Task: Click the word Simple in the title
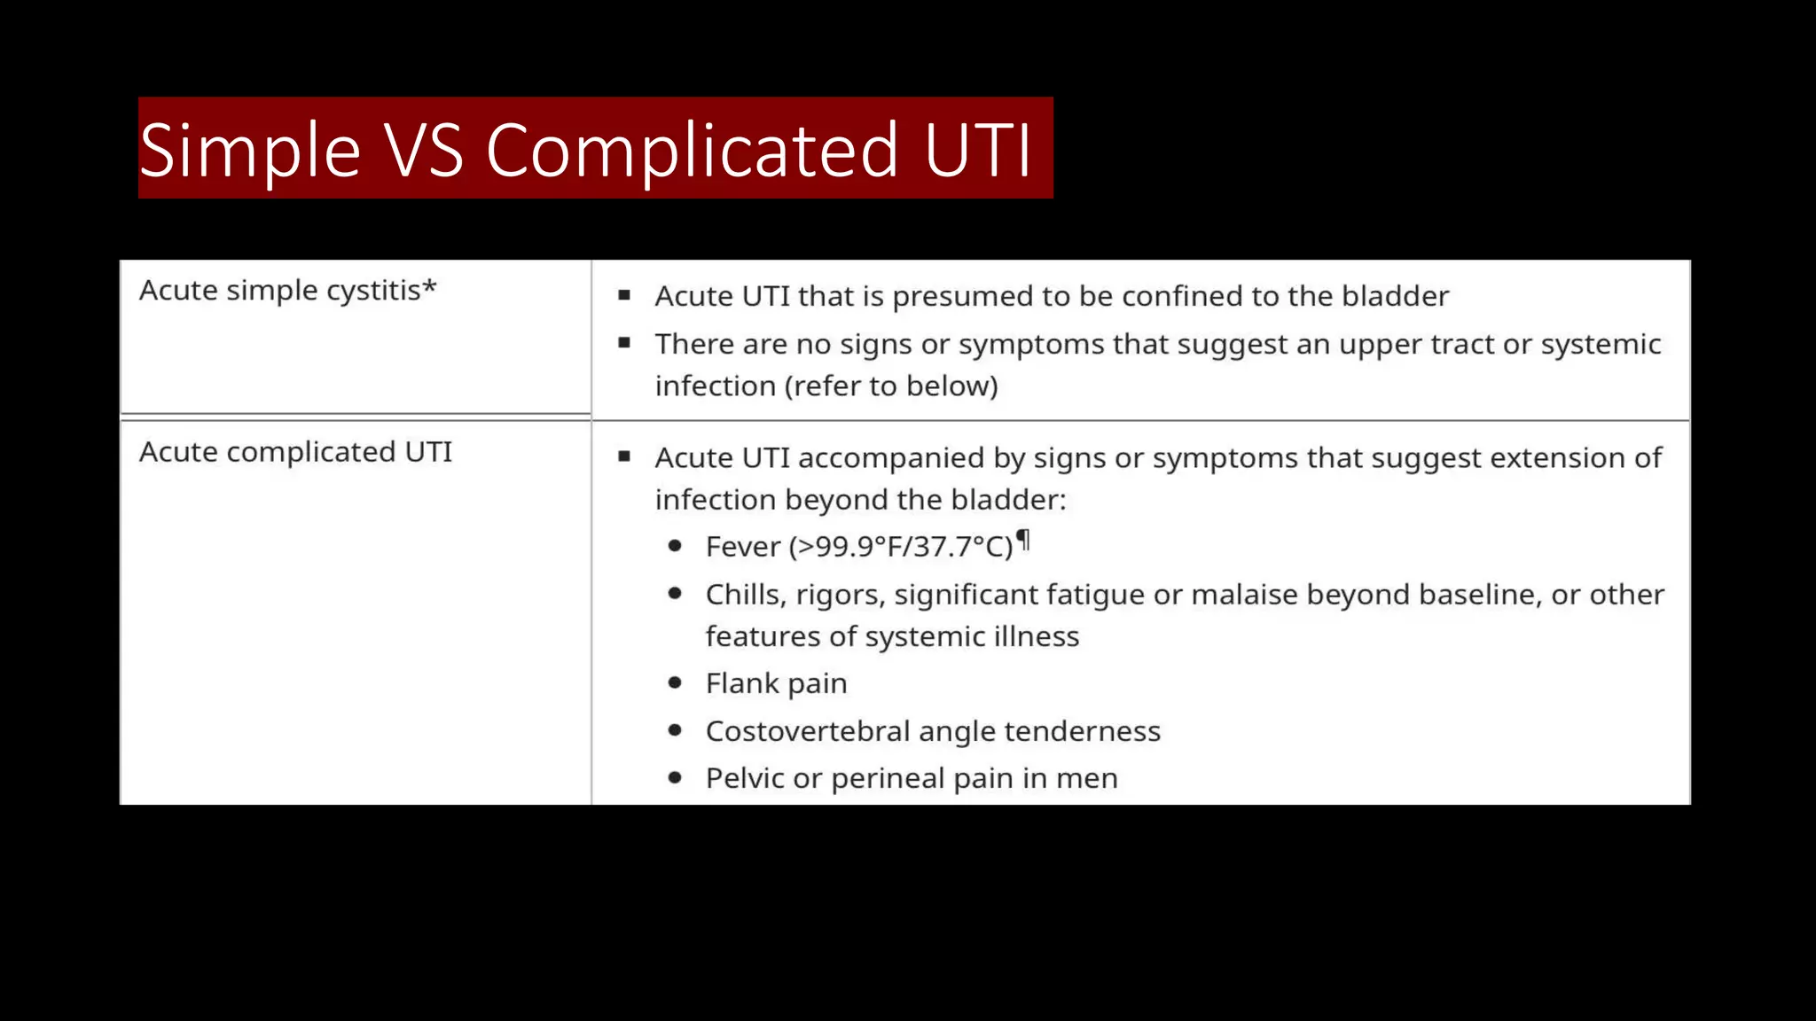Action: [x=249, y=151]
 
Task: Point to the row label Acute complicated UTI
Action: [x=295, y=452]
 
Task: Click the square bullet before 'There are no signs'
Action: [x=624, y=342]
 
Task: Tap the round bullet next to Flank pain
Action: [x=676, y=682]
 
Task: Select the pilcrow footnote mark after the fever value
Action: [x=1023, y=539]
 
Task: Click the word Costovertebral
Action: [x=807, y=731]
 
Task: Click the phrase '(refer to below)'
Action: [x=891, y=386]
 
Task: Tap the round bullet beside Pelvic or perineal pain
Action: [x=676, y=777]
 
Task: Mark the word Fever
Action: [x=742, y=547]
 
